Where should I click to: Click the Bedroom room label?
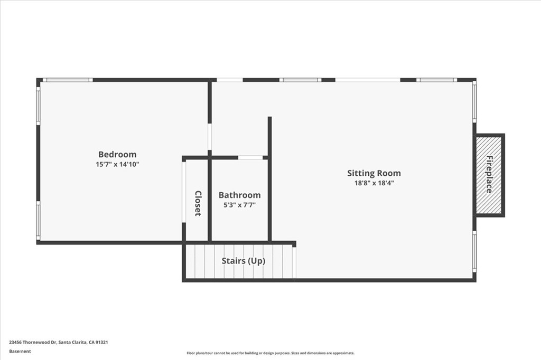coord(117,154)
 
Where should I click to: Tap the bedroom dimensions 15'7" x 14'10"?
coord(117,164)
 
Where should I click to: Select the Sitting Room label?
coord(374,173)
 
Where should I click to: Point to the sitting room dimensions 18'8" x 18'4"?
coord(374,183)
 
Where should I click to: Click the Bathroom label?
coord(239,195)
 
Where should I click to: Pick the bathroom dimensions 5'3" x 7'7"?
coord(239,205)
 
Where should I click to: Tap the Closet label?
coord(198,203)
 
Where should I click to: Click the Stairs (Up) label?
coord(243,261)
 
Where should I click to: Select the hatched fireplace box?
coord(489,175)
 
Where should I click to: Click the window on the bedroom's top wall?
coord(67,80)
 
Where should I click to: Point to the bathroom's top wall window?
coord(250,157)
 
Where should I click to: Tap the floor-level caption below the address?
coord(20,351)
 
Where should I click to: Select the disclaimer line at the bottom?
coord(270,353)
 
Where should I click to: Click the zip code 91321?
coord(102,342)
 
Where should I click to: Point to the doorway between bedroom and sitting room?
coord(210,137)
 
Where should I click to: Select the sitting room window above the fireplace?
coord(474,101)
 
